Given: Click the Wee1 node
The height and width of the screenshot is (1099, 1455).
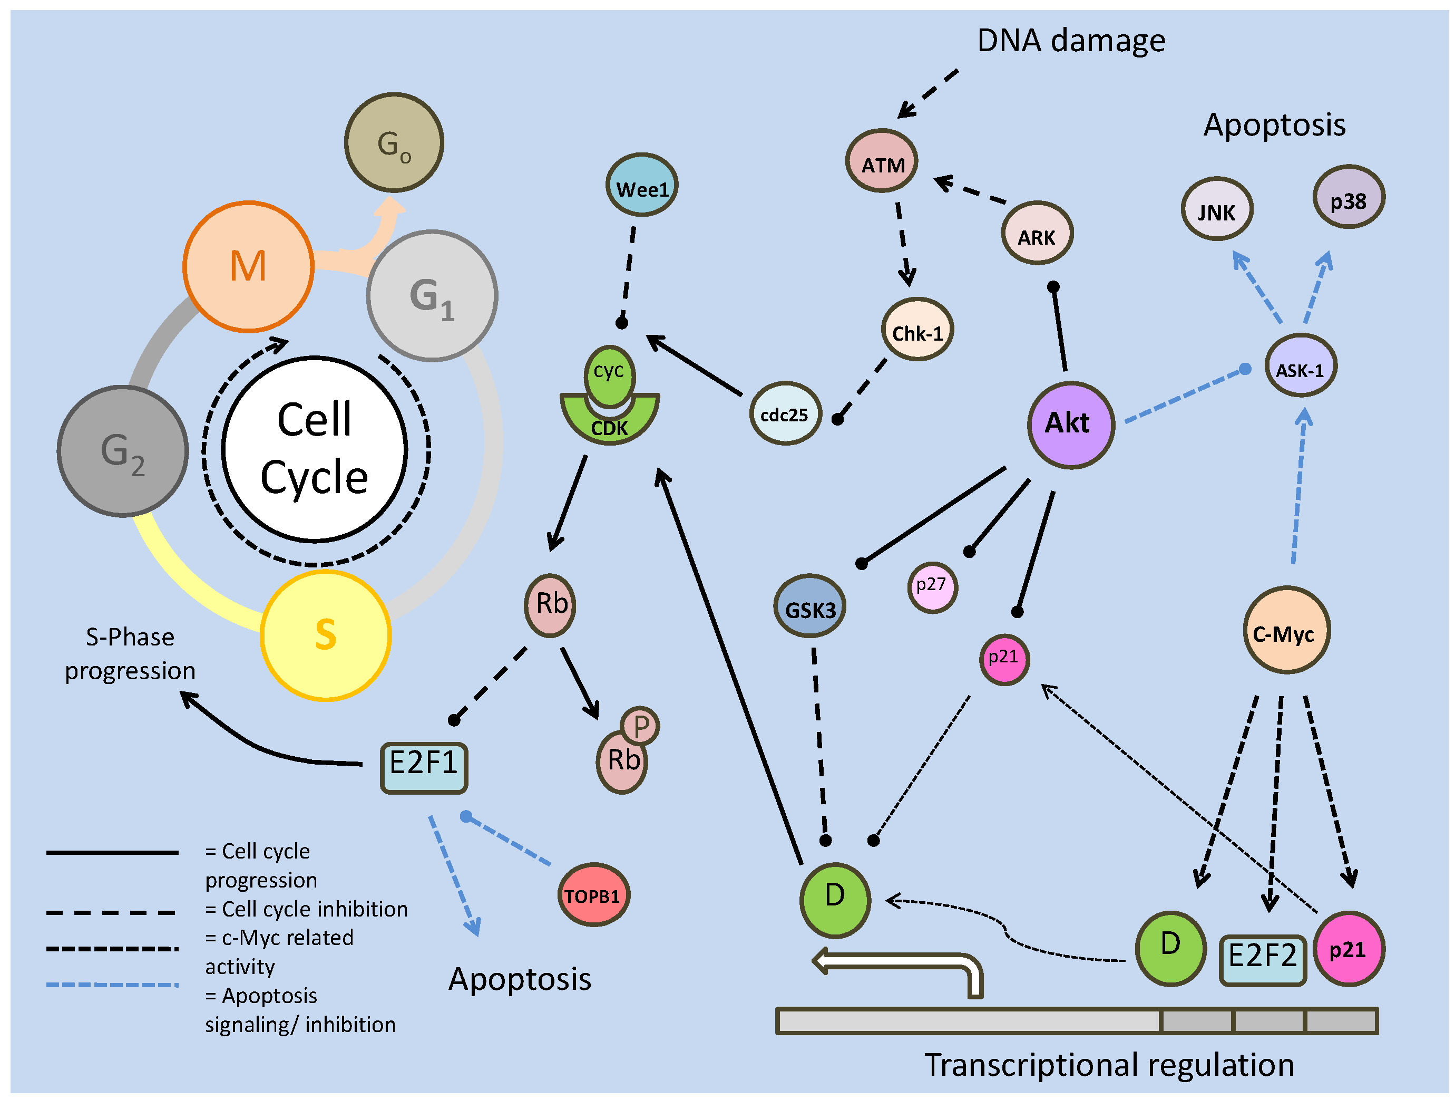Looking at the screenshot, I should click(641, 185).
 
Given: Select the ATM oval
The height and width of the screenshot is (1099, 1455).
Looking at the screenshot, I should click(882, 161).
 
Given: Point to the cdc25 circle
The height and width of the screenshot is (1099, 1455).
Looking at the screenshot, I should click(785, 413).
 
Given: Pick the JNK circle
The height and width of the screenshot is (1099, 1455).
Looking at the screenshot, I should click(1217, 209).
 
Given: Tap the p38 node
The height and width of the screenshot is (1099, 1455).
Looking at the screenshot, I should click(1349, 197).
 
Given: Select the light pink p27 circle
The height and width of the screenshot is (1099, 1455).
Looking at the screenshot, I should click(932, 587).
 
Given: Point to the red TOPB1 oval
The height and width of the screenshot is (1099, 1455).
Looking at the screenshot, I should click(593, 895).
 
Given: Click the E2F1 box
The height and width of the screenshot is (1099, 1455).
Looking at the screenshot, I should click(424, 767).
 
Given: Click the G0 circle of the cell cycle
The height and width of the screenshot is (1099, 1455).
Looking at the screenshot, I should click(394, 142).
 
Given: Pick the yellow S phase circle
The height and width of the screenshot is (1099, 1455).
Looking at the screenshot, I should click(326, 635).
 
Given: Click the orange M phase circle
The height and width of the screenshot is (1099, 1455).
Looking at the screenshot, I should click(249, 266).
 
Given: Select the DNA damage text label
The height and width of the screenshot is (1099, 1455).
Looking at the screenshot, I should click(1071, 41).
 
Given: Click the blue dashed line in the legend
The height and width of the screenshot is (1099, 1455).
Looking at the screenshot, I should click(112, 985).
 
